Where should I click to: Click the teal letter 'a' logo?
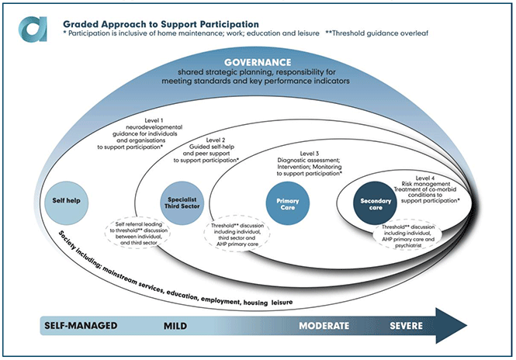point(33,29)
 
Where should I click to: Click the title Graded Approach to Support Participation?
point(161,24)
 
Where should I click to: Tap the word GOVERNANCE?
point(258,63)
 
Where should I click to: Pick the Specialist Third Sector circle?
point(182,203)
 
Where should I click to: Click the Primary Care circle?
point(288,203)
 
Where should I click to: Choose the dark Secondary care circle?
point(375,203)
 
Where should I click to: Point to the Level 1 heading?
point(154,120)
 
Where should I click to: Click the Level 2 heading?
point(216,140)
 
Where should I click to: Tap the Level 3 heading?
point(310,154)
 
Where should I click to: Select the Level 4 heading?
point(425,178)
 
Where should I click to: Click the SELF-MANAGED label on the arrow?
point(81,326)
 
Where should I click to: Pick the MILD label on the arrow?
point(175,326)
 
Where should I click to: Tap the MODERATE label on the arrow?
point(324,326)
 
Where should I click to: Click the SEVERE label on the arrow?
point(406,326)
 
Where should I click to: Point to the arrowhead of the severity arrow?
point(467,326)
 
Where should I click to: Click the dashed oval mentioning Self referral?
point(138,234)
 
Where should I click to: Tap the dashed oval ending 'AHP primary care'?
point(237,235)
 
